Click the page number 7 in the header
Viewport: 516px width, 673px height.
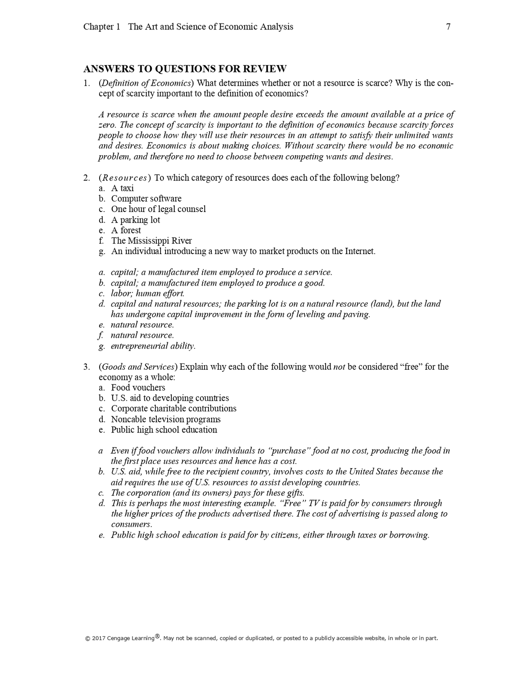pos(448,27)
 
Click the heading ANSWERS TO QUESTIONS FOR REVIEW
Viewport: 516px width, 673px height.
pos(185,69)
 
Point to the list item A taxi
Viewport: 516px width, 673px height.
pos(122,188)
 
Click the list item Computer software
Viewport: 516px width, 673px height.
pos(146,199)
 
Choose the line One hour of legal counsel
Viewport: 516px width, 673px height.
pos(158,209)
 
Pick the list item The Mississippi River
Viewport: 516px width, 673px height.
pos(151,241)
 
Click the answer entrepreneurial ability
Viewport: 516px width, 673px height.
pos(153,346)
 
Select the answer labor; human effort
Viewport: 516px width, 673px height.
pos(147,294)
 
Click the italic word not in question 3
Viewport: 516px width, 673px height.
pos(339,367)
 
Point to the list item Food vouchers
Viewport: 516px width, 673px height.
pos(138,388)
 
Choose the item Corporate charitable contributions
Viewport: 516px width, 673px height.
pos(174,408)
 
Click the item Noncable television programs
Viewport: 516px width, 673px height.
pos(166,419)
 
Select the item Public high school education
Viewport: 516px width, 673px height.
pos(164,430)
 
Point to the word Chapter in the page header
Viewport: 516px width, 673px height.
pos(98,27)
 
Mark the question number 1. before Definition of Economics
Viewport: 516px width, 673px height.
pos(87,83)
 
